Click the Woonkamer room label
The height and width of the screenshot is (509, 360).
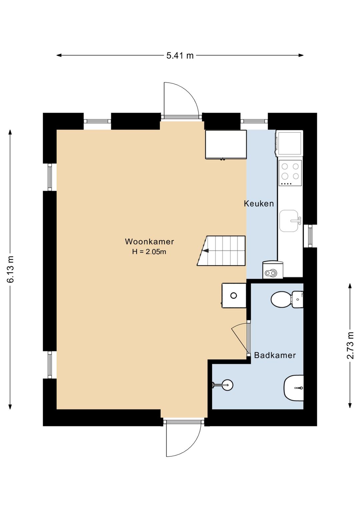149,241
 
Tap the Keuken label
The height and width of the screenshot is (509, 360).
259,203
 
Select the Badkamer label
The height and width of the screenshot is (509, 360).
275,355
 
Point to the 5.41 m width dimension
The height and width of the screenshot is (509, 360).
180,55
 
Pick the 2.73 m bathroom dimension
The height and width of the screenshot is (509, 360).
350,346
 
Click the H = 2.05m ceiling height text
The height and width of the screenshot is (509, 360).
149,252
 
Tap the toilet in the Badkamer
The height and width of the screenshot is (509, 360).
287,299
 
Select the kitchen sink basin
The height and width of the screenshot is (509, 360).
289,221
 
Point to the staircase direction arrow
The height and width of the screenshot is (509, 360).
206,250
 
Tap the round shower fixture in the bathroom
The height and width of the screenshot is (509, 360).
227,385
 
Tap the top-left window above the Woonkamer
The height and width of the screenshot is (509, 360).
97,121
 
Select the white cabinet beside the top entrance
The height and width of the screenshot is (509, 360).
226,144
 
